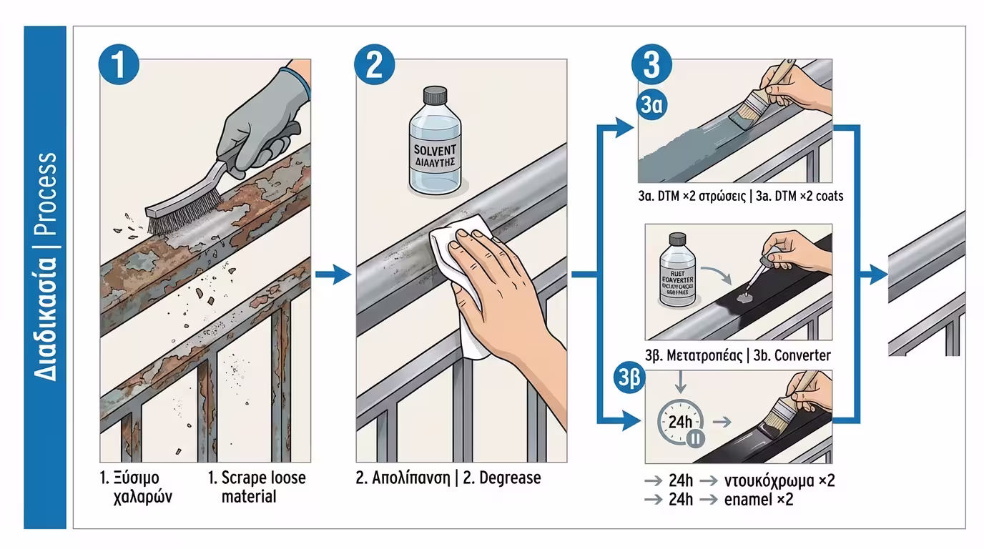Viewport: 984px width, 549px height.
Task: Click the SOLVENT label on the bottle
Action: [435, 152]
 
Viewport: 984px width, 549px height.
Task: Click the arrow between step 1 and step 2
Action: [333, 274]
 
